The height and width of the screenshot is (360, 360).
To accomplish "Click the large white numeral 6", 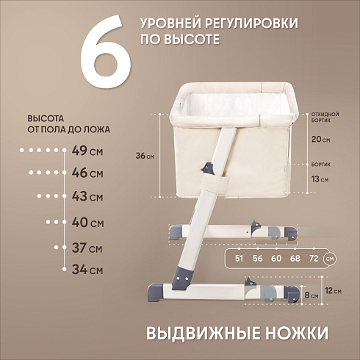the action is [x=106, y=53].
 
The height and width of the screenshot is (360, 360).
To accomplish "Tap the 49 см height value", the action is [x=87, y=151].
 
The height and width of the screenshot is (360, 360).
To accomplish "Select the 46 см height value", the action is [x=87, y=173].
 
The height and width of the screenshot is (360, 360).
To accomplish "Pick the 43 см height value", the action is [x=87, y=196].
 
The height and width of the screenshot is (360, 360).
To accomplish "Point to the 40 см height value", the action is [x=87, y=223].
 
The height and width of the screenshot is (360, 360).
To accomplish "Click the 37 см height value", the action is [x=87, y=248].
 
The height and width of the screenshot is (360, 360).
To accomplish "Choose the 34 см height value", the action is [x=87, y=270].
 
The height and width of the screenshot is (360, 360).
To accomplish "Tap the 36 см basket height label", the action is [x=145, y=156].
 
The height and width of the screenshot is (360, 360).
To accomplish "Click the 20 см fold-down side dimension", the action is [x=320, y=140].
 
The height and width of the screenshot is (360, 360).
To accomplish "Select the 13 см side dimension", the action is [x=320, y=179].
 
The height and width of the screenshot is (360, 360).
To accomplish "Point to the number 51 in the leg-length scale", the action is [x=239, y=259].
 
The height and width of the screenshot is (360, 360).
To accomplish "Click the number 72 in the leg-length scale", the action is [x=314, y=259].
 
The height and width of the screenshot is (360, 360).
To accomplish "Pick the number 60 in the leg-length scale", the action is [x=276, y=259].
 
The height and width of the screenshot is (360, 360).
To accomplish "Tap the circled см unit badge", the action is [x=330, y=259].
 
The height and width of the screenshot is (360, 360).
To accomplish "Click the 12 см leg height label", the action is [x=333, y=291].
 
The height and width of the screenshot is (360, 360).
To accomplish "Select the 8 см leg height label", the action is [x=312, y=295].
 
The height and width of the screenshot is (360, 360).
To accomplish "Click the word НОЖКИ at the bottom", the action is [x=297, y=333].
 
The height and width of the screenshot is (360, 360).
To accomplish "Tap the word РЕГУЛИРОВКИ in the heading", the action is [x=251, y=24].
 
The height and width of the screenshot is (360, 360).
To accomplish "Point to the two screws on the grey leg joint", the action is [x=182, y=278].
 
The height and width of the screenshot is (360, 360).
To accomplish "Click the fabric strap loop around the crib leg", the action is [x=216, y=184].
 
